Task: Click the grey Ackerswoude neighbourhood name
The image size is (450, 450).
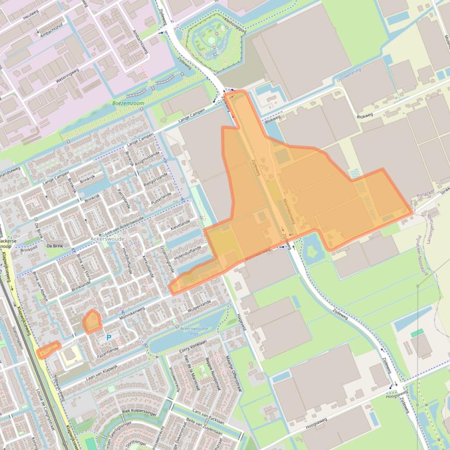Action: pyautogui.click(x=108, y=239)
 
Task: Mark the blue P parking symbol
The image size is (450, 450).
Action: pyautogui.click(x=108, y=337)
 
